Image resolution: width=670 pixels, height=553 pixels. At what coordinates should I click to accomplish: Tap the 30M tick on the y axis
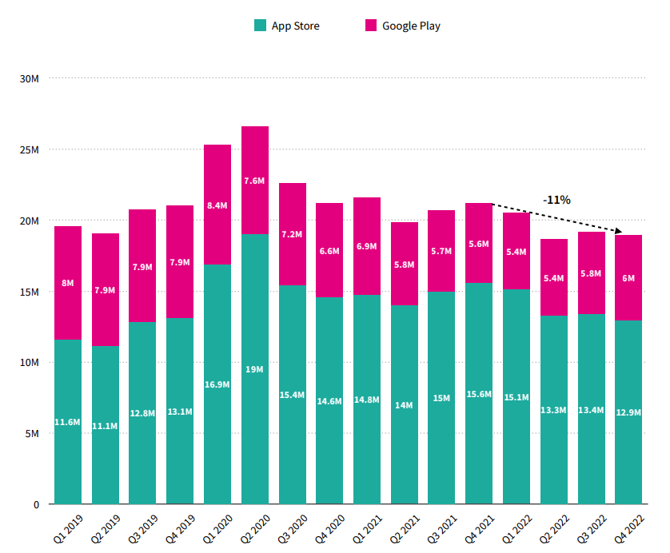[x=30, y=78]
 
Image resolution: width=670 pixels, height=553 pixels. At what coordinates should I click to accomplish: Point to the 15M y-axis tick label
[x=30, y=292]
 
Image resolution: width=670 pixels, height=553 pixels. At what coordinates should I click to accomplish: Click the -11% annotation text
[x=556, y=200]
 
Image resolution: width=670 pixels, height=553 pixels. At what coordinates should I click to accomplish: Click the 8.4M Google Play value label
[x=217, y=205]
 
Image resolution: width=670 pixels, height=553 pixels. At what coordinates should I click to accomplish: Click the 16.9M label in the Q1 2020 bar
[x=217, y=384]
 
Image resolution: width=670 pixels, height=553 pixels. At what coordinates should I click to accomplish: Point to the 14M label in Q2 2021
[x=405, y=405]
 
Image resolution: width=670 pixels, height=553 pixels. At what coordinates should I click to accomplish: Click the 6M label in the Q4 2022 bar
[x=628, y=278]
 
